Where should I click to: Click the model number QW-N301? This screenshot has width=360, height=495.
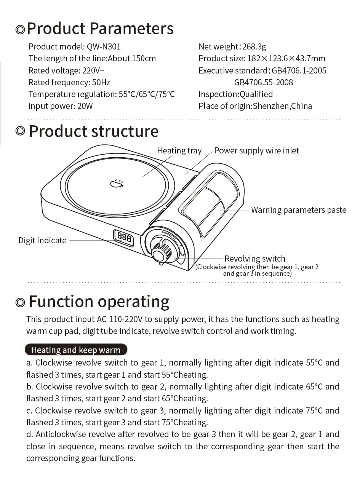tap(104, 46)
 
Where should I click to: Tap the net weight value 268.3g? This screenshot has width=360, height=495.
tap(254, 46)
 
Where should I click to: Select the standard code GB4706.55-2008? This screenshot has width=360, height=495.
tap(264, 82)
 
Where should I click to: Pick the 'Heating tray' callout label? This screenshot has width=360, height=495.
tap(179, 151)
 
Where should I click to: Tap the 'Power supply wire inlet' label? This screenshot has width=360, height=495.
tap(256, 151)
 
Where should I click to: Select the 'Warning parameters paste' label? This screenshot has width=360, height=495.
tap(299, 210)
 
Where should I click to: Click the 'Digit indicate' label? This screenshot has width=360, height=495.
tap(42, 241)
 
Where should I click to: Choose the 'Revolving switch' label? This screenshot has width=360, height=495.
tap(254, 259)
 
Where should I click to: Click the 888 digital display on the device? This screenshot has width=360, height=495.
tap(124, 238)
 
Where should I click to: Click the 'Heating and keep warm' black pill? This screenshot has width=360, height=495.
tap(75, 350)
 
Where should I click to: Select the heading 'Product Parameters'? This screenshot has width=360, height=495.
tap(100, 29)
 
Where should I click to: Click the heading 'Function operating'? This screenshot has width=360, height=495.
tap(99, 301)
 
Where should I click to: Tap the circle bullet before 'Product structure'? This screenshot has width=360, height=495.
tap(21, 131)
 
